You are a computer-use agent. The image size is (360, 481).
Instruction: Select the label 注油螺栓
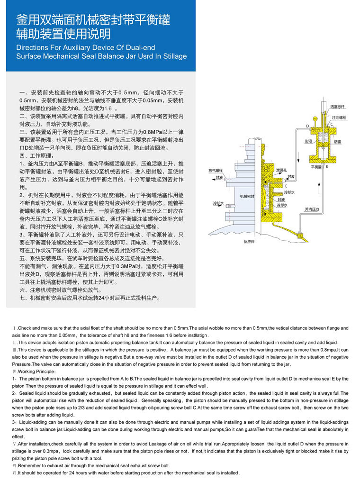pyautogui.click(x=339, y=117)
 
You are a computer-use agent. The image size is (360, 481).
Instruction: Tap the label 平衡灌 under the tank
pyautogui.click(x=316, y=167)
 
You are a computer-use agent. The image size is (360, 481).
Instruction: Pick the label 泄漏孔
pyautogui.click(x=281, y=170)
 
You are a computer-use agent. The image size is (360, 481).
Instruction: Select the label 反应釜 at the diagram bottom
pyautogui.click(x=249, y=241)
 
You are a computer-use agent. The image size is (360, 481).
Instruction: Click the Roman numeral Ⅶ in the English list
pyautogui.click(x=15, y=473)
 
